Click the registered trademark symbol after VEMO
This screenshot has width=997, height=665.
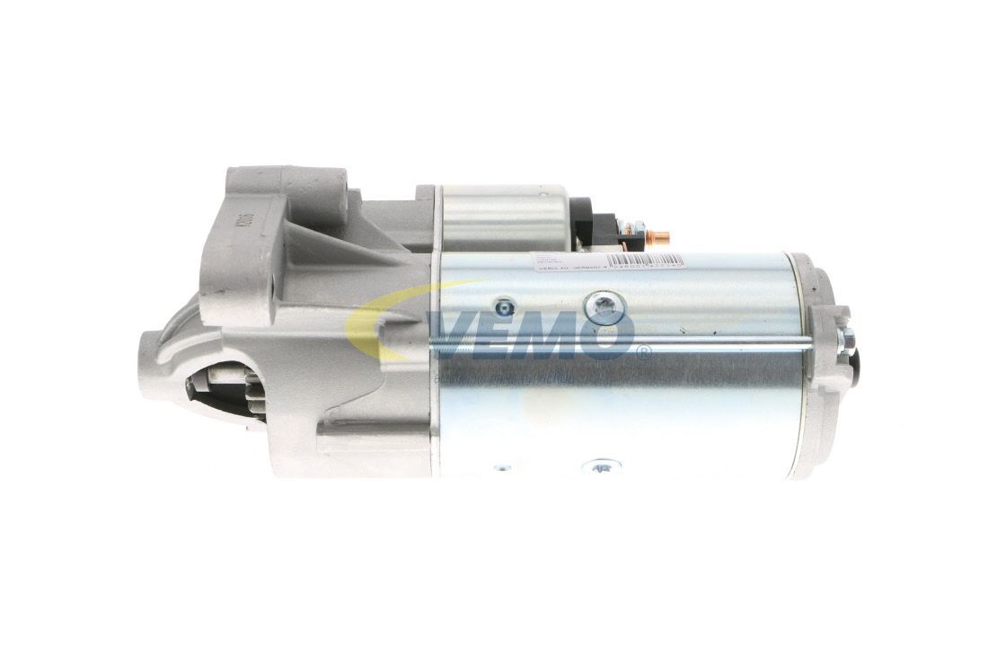click(643, 353)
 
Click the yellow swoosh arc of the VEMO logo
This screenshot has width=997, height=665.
click(377, 315)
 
